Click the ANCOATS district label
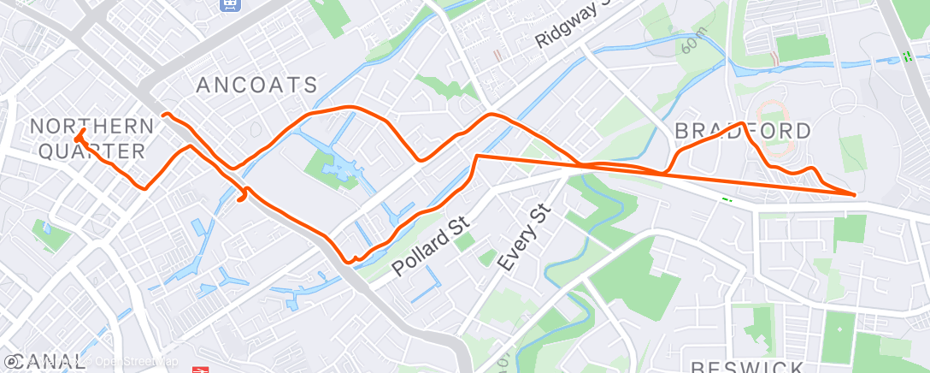256,85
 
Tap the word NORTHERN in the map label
92,127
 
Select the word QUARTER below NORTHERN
88,151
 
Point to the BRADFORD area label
743,131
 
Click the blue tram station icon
229,5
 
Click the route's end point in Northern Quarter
79,135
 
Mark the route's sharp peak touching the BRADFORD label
740,123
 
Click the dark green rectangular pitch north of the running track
802,48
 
